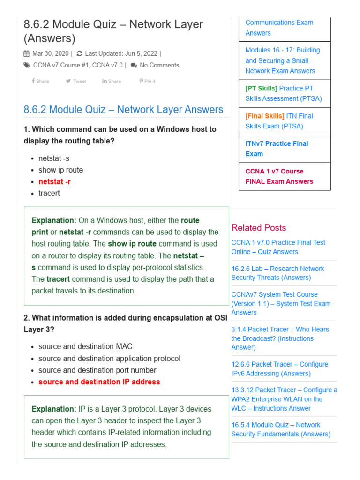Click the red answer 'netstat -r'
click(54, 181)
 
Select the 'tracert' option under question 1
click(49, 193)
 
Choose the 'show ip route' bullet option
click(60, 170)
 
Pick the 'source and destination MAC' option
click(85, 346)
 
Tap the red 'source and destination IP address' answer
click(99, 382)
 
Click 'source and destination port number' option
click(97, 370)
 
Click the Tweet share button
click(76, 81)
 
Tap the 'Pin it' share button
click(147, 81)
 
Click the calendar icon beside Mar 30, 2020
click(27, 53)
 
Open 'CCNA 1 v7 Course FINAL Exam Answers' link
click(279, 176)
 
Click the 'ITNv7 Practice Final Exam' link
click(277, 149)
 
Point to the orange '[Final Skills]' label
click(265, 116)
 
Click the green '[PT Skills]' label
click(261, 88)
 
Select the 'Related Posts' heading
click(258, 228)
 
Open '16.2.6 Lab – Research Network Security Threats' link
click(277, 273)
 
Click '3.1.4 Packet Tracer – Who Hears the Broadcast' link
click(280, 338)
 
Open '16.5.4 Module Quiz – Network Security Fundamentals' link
click(280, 429)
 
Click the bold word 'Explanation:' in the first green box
click(54, 220)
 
